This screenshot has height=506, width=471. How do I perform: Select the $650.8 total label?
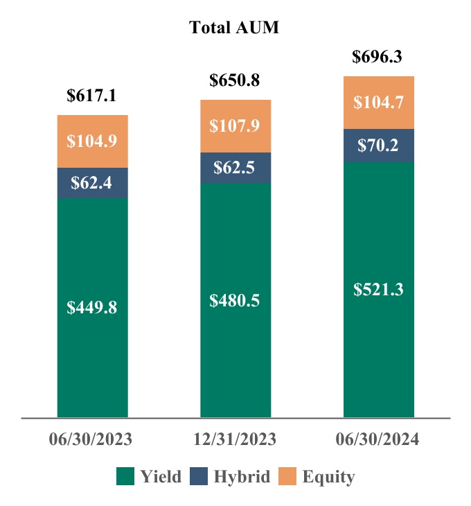(235, 80)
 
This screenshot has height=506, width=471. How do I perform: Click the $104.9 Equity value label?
(92, 141)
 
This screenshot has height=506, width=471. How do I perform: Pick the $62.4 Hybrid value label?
(92, 183)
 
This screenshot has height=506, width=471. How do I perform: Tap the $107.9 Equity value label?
(235, 125)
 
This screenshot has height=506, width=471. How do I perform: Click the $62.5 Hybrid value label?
(235, 168)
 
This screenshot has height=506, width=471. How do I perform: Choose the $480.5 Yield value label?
(235, 301)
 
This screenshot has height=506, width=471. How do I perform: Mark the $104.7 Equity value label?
(378, 103)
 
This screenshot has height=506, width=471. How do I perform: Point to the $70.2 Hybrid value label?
(378, 146)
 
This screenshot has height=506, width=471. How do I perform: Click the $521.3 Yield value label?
(378, 289)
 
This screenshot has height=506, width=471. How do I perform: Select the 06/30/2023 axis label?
(91, 439)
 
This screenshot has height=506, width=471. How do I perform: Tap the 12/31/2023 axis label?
(235, 439)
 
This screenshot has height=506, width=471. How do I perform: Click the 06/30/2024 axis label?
(378, 439)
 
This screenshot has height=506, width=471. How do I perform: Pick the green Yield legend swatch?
(125, 476)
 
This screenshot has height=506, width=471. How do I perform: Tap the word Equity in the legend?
(328, 477)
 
